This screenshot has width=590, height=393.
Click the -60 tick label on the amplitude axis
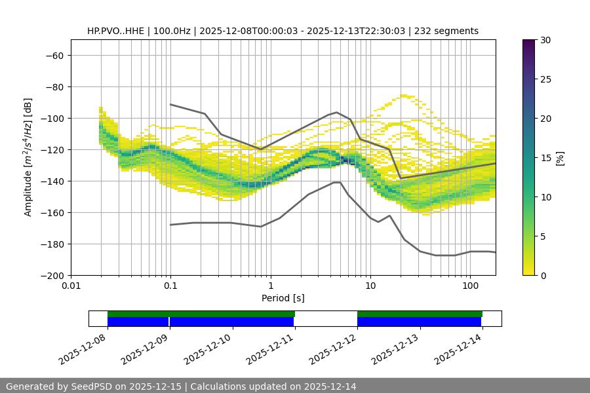pyautogui.click(x=53, y=55)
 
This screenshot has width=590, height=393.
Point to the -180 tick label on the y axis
pyautogui.click(x=50, y=244)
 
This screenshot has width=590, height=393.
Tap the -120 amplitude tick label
pyautogui.click(x=50, y=149)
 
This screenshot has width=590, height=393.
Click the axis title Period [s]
pyautogui.click(x=283, y=298)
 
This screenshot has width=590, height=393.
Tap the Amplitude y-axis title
pyautogui.click(x=28, y=157)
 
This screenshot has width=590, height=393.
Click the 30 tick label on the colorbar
pyautogui.click(x=545, y=40)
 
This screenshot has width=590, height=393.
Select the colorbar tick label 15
pyautogui.click(x=545, y=158)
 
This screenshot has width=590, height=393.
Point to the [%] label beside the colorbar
pyautogui.click(x=559, y=158)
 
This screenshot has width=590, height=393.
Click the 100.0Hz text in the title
pyautogui.click(x=172, y=31)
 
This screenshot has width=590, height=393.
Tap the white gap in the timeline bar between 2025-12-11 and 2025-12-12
pyautogui.click(x=326, y=318)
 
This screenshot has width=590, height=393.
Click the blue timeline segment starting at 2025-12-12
pyautogui.click(x=420, y=322)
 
